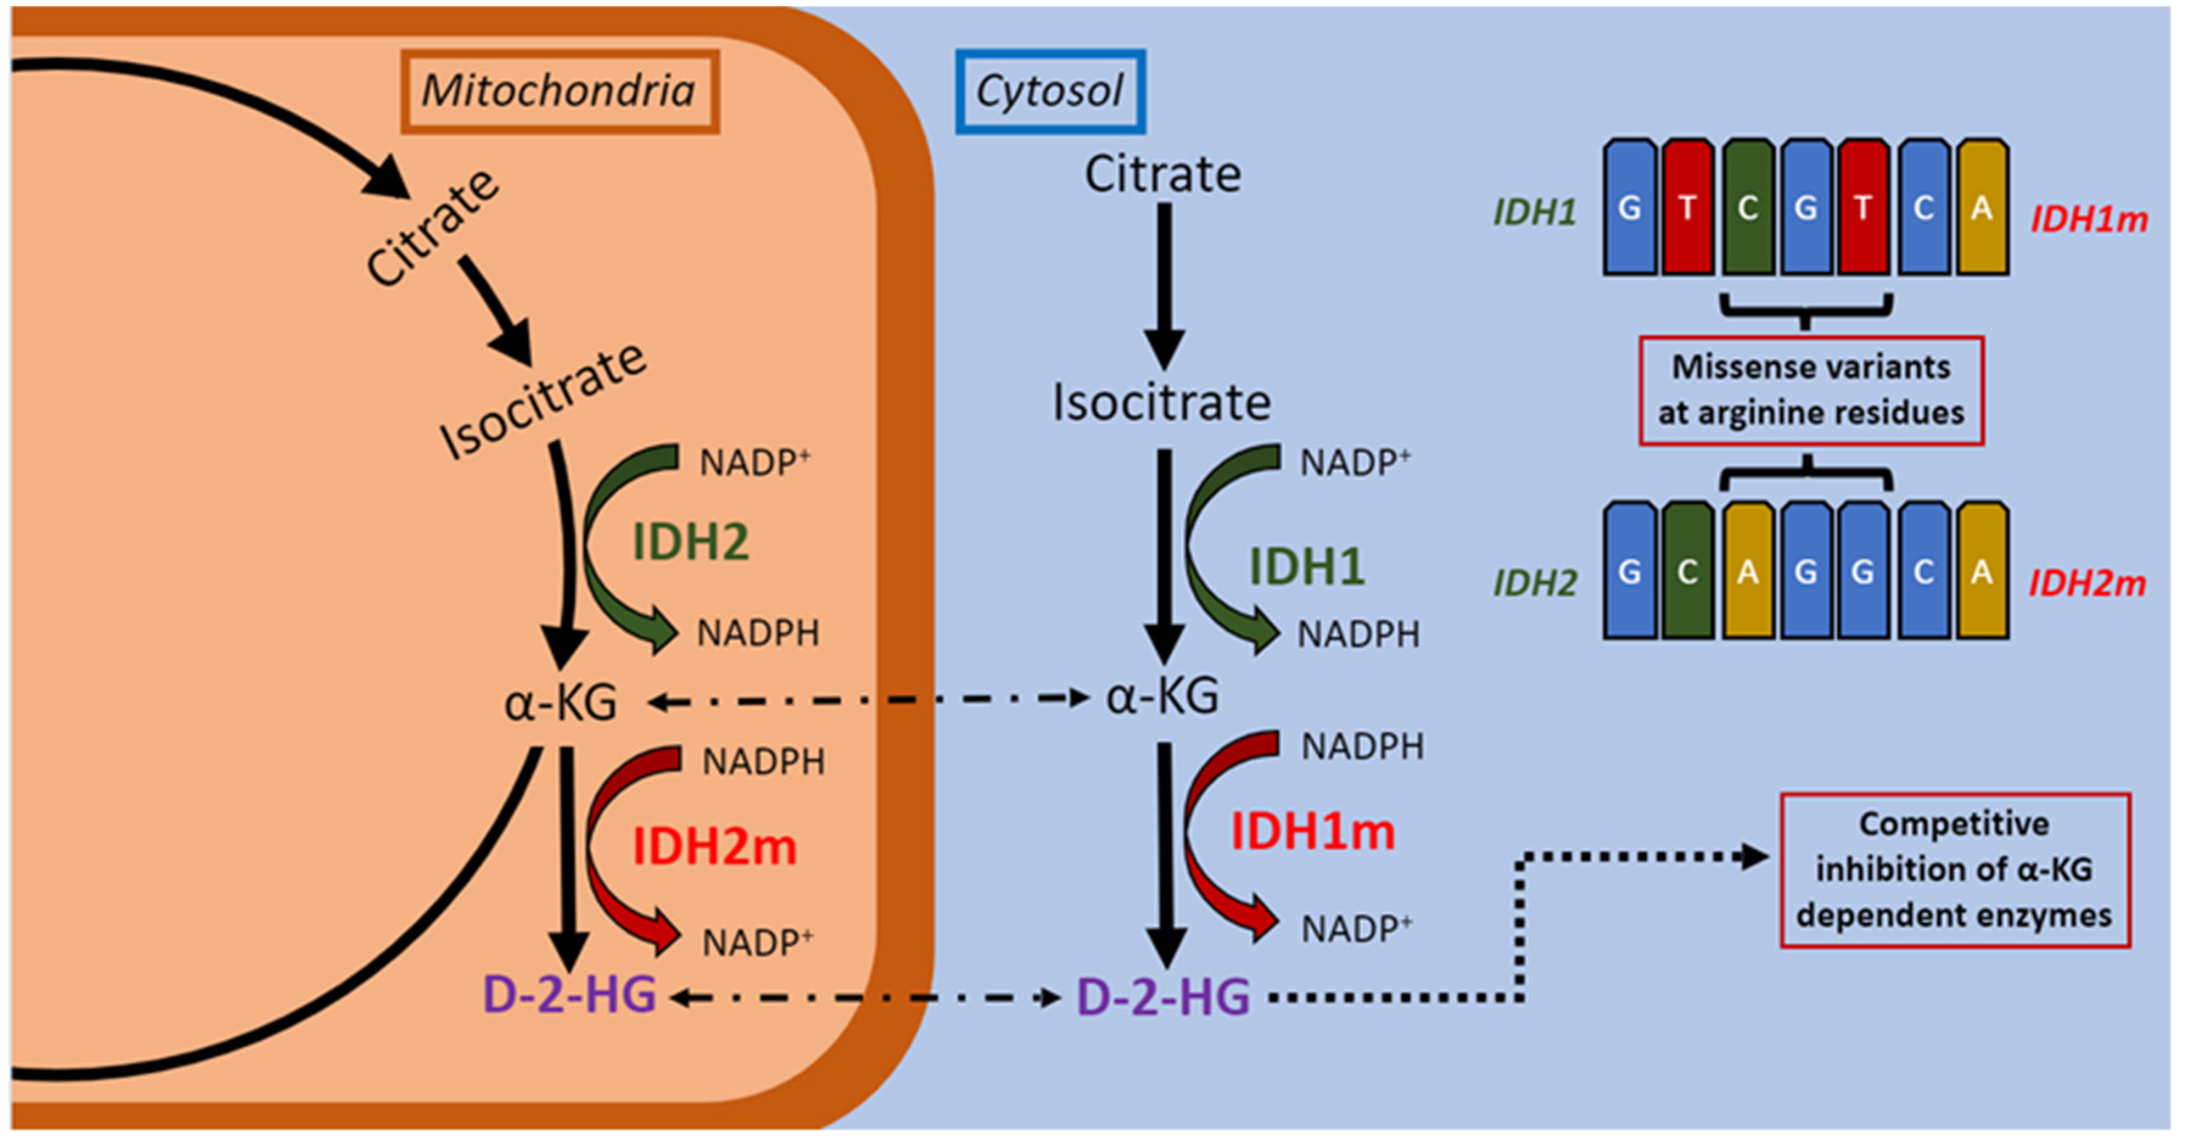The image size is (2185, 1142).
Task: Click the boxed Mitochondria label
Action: (x=559, y=91)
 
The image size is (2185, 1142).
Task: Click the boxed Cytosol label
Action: (x=1050, y=91)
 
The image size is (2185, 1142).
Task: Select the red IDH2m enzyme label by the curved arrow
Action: (x=714, y=846)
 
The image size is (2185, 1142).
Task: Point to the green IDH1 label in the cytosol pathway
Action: (x=1306, y=566)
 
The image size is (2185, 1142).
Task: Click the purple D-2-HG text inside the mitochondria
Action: (x=569, y=994)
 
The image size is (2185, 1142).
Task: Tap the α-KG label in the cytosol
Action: (x=1162, y=696)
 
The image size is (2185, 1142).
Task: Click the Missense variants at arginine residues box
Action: (x=1810, y=390)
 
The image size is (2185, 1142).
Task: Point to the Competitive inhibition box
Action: (x=1954, y=870)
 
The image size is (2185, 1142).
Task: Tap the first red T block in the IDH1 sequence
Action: (x=1687, y=208)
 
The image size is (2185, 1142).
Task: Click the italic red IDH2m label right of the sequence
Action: (x=2086, y=583)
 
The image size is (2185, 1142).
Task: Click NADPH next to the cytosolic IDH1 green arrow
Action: (x=1358, y=634)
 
